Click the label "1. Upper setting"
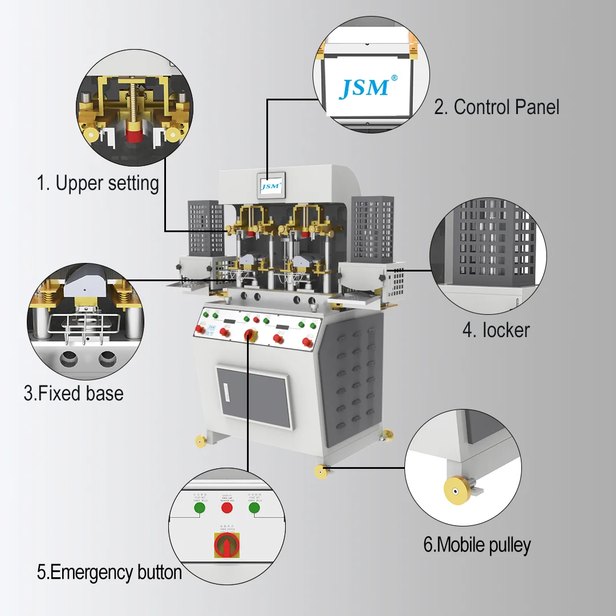pyautogui.click(x=98, y=184)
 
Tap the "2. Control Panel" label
pyautogui.click(x=496, y=107)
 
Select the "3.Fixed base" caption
pyautogui.click(x=73, y=393)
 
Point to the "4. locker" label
pyautogui.click(x=496, y=330)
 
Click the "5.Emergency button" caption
pyautogui.click(x=109, y=572)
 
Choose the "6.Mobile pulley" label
pyautogui.click(x=476, y=545)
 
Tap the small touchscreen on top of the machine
pyautogui.click(x=271, y=185)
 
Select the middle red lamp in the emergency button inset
pyautogui.click(x=227, y=507)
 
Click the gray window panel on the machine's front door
pyautogui.click(x=254, y=397)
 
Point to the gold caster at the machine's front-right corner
pyautogui.click(x=321, y=472)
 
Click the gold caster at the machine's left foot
pyautogui.click(x=201, y=441)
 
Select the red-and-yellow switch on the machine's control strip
pyautogui.click(x=250, y=335)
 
